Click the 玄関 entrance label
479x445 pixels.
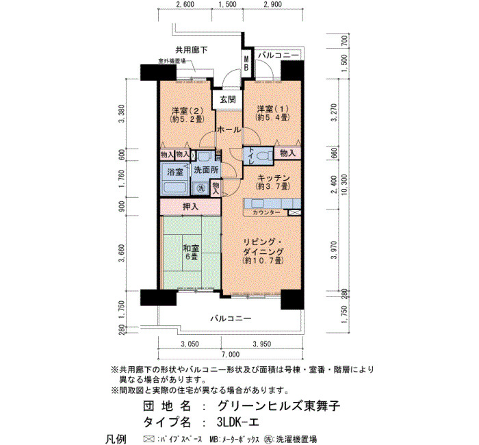[228, 100]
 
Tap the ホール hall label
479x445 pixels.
[229, 130]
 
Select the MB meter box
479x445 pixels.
[246, 63]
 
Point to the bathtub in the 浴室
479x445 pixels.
[175, 187]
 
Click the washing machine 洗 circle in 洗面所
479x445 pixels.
[200, 188]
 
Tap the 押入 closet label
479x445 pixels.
[190, 207]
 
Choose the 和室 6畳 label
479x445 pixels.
[191, 252]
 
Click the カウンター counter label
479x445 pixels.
[266, 212]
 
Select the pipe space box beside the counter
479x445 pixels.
[294, 213]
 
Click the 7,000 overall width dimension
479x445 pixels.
[231, 354]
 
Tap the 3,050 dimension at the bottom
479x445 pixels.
[190, 344]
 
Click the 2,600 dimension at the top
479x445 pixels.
[185, 5]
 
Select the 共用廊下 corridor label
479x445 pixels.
[192, 50]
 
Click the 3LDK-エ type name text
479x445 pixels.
[238, 422]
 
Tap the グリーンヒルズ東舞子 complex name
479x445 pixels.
[279, 406]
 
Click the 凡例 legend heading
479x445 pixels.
[116, 439]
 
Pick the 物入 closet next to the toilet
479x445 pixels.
[288, 153]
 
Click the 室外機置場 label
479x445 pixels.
[172, 61]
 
